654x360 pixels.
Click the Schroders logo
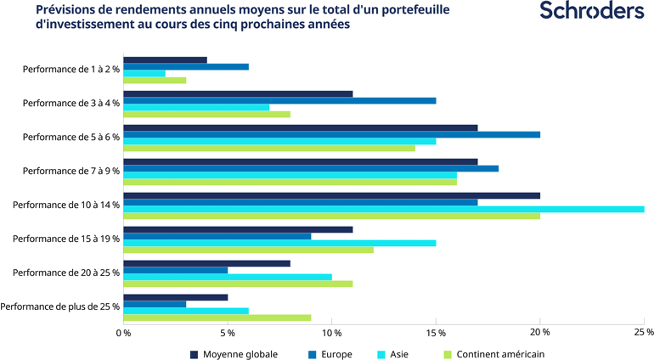pyautogui.click(x=592, y=12)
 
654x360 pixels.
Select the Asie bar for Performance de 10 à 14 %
pyautogui.click(x=384, y=209)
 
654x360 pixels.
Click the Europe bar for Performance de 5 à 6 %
pyautogui.click(x=332, y=134)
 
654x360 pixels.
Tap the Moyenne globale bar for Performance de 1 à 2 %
pyautogui.click(x=166, y=60)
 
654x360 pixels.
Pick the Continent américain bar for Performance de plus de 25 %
pyautogui.click(x=217, y=318)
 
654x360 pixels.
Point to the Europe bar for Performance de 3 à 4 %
pyautogui.click(x=280, y=100)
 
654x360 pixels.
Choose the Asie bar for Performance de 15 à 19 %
pyautogui.click(x=280, y=243)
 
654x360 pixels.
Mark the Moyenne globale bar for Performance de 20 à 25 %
pyautogui.click(x=207, y=263)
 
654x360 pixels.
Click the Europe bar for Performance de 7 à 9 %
pyautogui.click(x=311, y=168)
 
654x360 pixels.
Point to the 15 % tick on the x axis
pyautogui.click(x=436, y=332)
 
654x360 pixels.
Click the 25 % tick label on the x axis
pyautogui.click(x=643, y=332)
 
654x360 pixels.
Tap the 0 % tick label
pyautogui.click(x=124, y=332)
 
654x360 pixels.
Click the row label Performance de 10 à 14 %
pyautogui.click(x=66, y=205)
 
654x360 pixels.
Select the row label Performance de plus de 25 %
pyautogui.click(x=60, y=307)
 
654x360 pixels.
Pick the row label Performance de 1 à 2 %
pyautogui.click(x=71, y=69)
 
